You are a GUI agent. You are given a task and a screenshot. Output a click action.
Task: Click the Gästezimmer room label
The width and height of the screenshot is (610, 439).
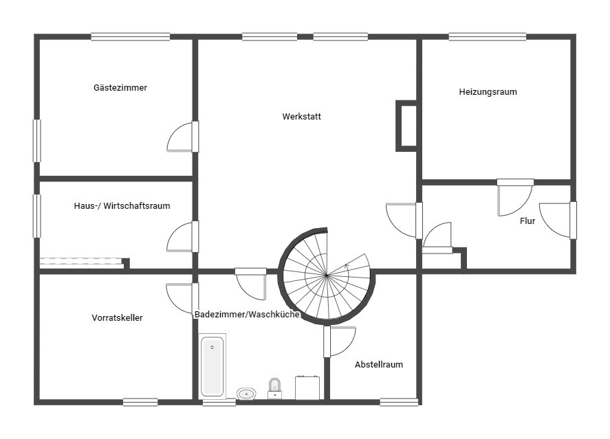tap(120, 88)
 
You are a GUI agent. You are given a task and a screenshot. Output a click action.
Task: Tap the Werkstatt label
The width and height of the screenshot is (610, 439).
tap(301, 117)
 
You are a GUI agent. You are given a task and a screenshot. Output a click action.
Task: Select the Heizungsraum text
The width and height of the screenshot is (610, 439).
tap(488, 92)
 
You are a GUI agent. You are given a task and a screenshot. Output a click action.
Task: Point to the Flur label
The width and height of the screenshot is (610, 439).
tap(527, 221)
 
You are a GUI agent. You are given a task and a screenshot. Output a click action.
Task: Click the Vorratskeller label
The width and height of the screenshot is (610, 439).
tap(117, 318)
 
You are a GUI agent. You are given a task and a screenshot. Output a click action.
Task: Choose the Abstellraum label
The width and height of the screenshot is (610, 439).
tap(379, 365)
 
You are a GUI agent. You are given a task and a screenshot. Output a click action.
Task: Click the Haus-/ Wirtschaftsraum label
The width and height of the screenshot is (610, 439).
tap(122, 206)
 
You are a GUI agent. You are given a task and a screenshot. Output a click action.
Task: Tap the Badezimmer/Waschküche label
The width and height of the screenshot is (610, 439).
tap(247, 314)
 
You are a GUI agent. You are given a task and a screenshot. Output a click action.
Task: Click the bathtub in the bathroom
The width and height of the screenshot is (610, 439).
tap(213, 366)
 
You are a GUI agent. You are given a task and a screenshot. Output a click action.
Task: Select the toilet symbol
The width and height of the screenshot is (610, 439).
tap(274, 388)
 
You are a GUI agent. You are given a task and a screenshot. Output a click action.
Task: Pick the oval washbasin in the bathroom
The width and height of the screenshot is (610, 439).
tap(246, 394)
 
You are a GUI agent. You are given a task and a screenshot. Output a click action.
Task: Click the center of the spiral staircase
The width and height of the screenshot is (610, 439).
tap(327, 275)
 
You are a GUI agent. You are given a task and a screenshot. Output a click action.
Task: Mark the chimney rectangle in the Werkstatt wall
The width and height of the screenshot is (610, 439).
tap(407, 126)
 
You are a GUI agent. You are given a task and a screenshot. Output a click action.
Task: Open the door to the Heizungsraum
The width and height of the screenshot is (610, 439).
tap(515, 197)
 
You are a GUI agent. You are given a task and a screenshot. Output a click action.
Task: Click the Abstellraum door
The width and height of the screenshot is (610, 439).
tap(339, 341)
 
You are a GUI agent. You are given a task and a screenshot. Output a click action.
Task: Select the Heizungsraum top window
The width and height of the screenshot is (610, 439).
tap(488, 37)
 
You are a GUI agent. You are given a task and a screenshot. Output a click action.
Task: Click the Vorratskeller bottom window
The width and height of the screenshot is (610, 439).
tap(140, 402)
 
